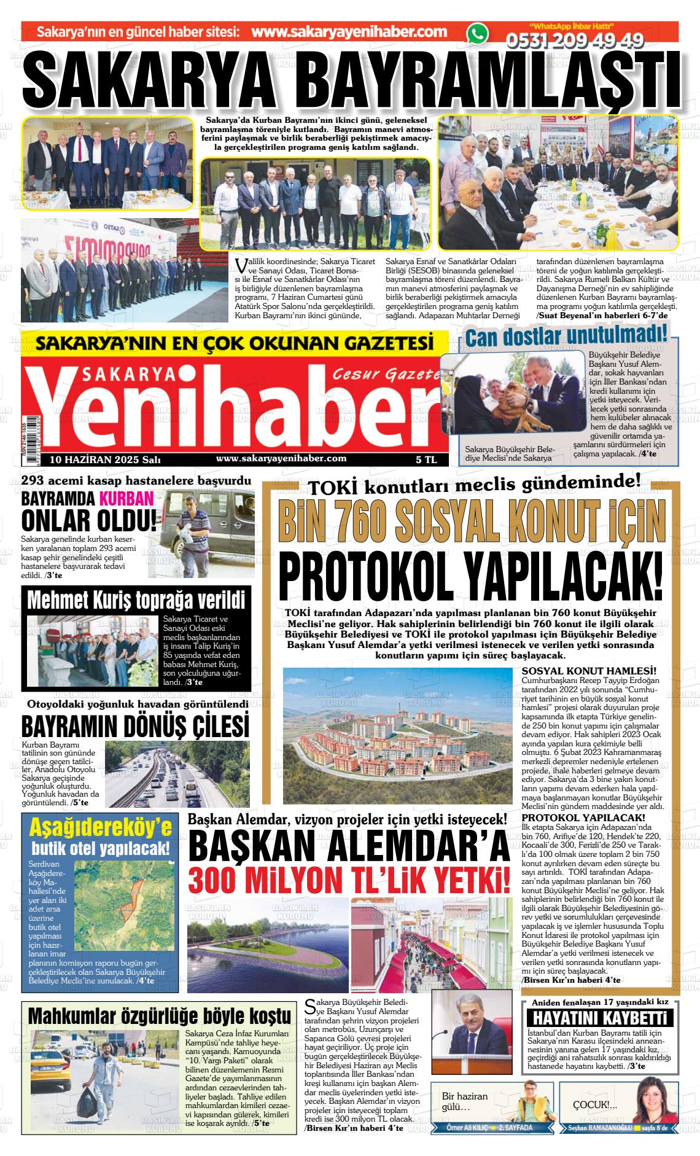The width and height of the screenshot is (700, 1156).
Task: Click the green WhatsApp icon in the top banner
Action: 477,34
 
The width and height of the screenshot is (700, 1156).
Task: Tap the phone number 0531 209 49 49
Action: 574,41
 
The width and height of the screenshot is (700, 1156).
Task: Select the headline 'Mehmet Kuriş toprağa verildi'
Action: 136,600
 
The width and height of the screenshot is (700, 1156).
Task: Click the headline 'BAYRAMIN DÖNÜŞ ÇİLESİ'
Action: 135,725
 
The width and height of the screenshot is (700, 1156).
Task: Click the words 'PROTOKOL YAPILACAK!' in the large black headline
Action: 471,577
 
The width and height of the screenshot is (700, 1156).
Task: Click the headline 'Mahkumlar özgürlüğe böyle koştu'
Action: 159,1015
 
